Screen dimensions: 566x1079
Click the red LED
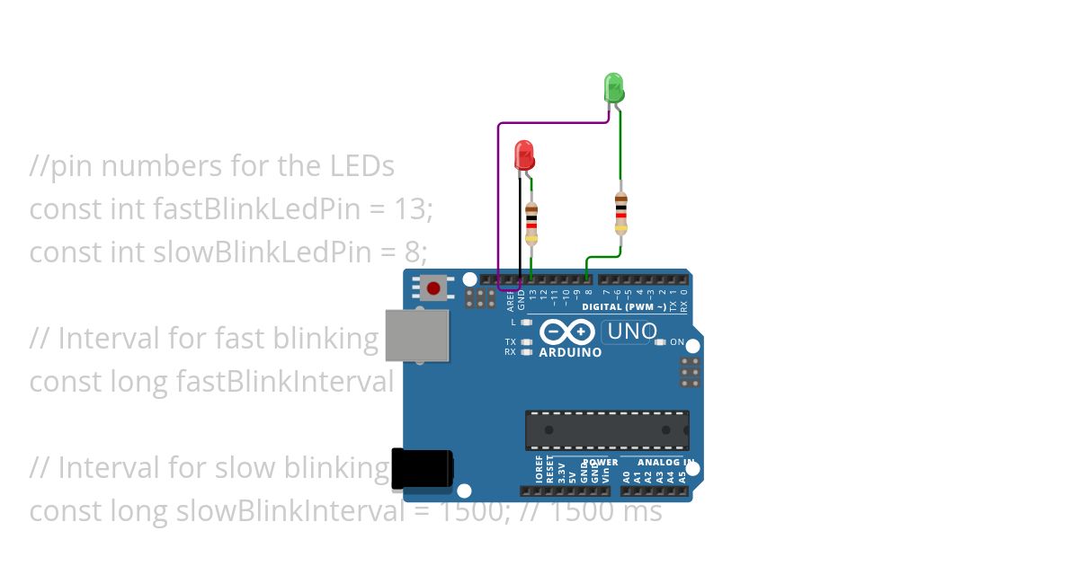(x=524, y=156)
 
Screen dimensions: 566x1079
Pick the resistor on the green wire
(x=620, y=212)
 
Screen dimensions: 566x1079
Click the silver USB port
(x=417, y=335)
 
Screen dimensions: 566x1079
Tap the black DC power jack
(x=422, y=468)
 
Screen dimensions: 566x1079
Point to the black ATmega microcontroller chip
(x=607, y=430)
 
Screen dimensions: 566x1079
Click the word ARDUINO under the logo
(x=570, y=353)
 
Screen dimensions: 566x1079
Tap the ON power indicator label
(x=677, y=342)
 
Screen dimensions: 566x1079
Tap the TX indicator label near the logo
(x=510, y=342)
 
